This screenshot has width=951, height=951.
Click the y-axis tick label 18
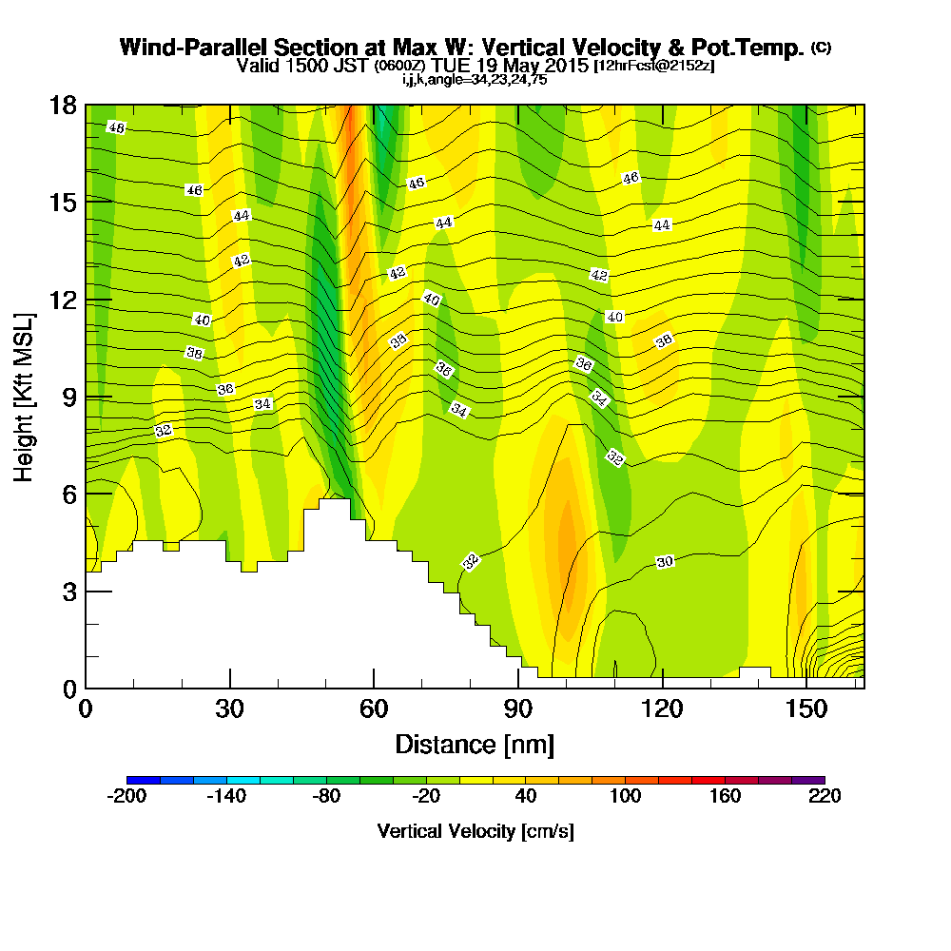pyautogui.click(x=63, y=105)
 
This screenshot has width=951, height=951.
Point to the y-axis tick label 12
pyautogui.click(x=63, y=300)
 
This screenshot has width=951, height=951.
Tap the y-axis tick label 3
pyautogui.click(x=68, y=591)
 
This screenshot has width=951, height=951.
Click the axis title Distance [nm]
pyautogui.click(x=475, y=743)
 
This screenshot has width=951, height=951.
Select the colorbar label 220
pyautogui.click(x=824, y=796)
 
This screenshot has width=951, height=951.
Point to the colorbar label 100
pyautogui.click(x=625, y=796)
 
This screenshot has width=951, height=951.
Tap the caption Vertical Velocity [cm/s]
pyautogui.click(x=475, y=831)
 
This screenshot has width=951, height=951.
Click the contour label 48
pyautogui.click(x=116, y=127)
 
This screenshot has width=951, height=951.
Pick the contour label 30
pyautogui.click(x=665, y=562)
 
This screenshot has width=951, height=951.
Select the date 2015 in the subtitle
pyautogui.click(x=567, y=67)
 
